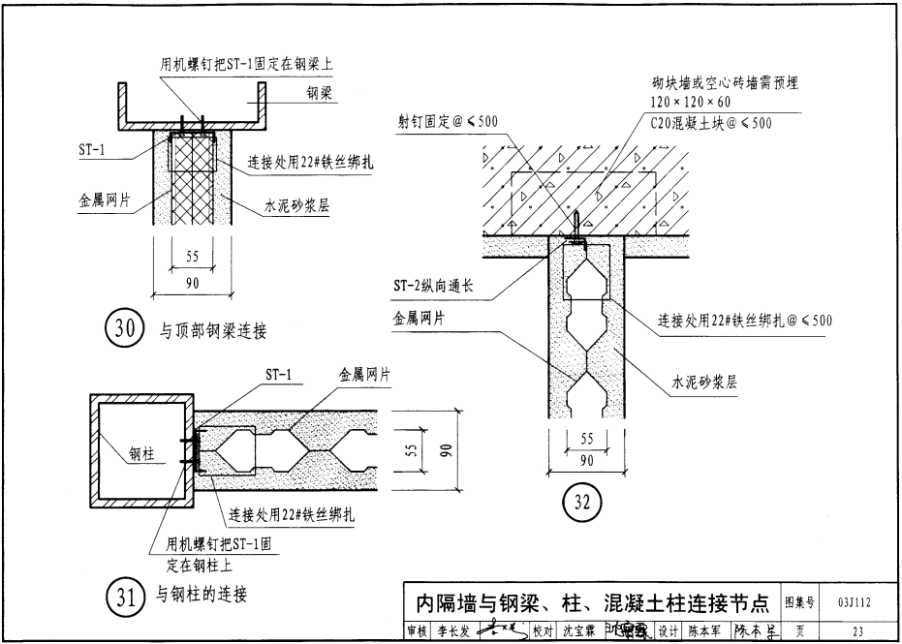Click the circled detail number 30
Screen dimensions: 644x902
(124, 329)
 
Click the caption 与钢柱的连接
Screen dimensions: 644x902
(202, 595)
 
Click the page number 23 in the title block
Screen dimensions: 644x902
(856, 631)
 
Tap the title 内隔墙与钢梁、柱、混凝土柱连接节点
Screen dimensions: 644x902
(587, 603)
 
